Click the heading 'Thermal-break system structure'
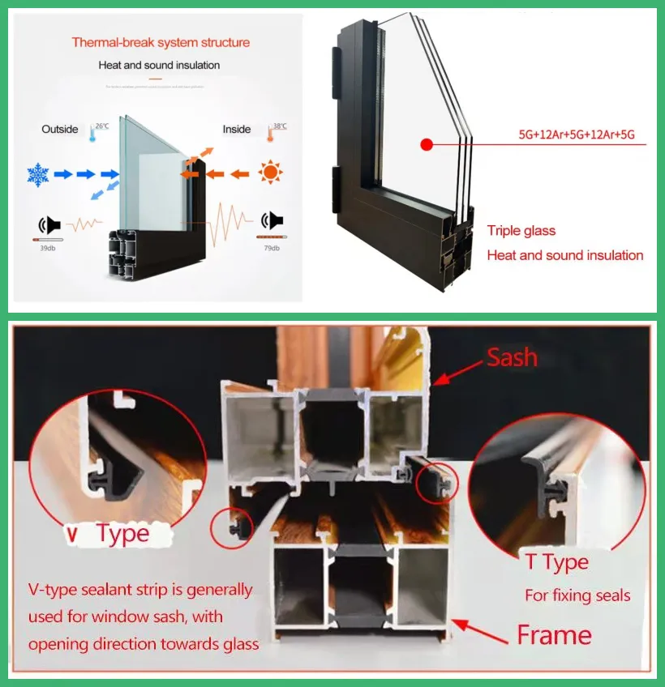(161, 42)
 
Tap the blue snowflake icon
(38, 173)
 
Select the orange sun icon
(270, 173)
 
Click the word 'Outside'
(60, 129)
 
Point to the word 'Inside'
(236, 129)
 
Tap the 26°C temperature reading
(101, 126)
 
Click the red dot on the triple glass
(424, 145)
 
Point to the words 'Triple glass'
(521, 231)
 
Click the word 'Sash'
(512, 357)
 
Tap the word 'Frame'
(555, 634)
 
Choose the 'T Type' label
(556, 562)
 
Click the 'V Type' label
(109, 534)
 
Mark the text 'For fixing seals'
(577, 595)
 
